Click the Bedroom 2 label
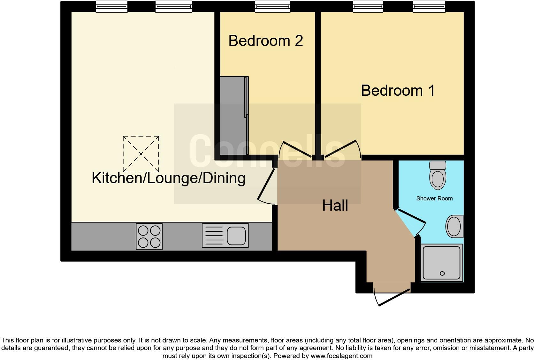point(265,41)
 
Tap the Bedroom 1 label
point(398,91)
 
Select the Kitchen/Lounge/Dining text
point(168,178)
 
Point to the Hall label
point(335,206)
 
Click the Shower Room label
point(434,199)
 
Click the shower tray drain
point(442,274)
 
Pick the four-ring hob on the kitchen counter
point(149,236)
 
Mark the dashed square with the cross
point(141,154)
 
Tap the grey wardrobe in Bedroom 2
point(234,116)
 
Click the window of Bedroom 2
point(272,7)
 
